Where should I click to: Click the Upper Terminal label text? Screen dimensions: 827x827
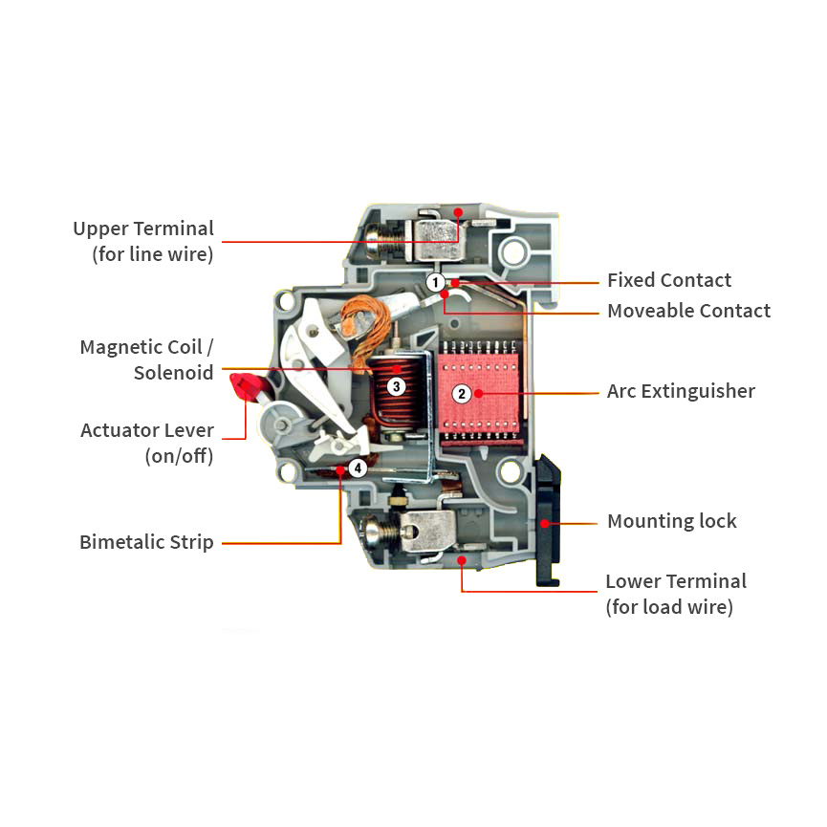pos(143,241)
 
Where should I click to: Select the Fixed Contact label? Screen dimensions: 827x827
pos(669,280)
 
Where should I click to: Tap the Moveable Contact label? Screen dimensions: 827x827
pos(688,311)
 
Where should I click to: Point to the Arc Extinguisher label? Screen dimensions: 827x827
pos(681,391)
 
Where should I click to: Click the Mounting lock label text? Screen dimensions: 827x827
pos(672,521)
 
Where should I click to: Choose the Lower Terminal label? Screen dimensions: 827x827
pos(676,594)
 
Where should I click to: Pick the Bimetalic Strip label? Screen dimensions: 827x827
pos(146,542)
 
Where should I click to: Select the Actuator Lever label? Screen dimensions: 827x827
pos(147,443)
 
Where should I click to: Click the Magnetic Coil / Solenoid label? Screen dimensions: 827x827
pos(146,359)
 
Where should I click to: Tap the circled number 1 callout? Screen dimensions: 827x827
pos(435,282)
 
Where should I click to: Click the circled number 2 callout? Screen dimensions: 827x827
pos(462,394)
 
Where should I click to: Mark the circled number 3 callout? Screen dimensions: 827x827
pos(396,386)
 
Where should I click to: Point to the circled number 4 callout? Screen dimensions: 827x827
pos(358,468)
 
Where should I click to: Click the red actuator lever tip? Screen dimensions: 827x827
pos(246,386)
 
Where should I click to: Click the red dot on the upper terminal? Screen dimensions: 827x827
pos(458,212)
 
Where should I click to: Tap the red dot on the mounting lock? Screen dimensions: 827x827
pos(544,524)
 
